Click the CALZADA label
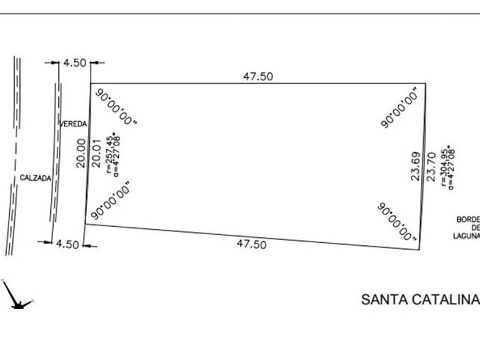coord(35,178)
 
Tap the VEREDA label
coord(73,123)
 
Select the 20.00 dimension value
coord(81,153)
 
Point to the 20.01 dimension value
coord(96,153)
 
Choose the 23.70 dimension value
coord(431,166)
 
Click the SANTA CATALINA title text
coord(419,299)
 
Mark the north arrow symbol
coord(17,296)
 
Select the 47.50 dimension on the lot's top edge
coord(258,77)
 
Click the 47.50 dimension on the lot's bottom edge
coord(251,244)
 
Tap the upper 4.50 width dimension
coord(74,63)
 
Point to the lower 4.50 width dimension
coord(67,244)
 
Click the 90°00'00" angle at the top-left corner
coord(116,107)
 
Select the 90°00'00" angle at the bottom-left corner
coord(110,201)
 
